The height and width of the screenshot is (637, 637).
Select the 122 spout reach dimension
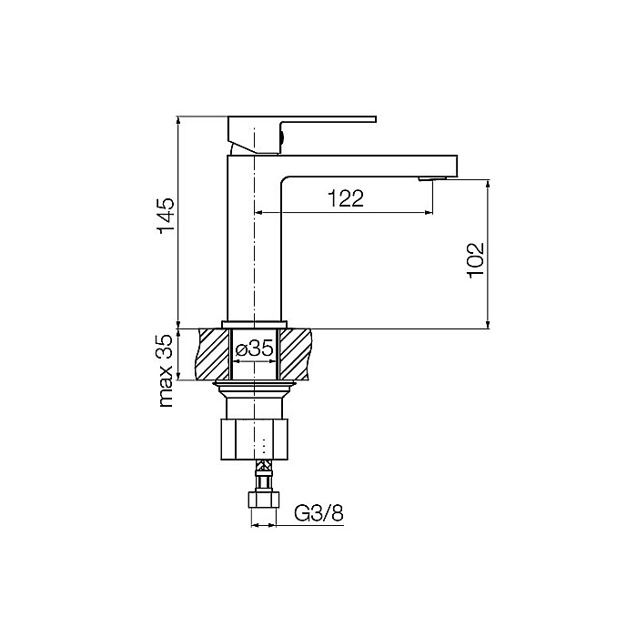tap(346, 199)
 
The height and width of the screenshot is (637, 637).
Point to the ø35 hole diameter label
tap(255, 349)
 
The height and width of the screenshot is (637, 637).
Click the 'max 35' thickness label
tap(165, 370)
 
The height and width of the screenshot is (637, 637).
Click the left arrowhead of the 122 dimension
tap(257, 213)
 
